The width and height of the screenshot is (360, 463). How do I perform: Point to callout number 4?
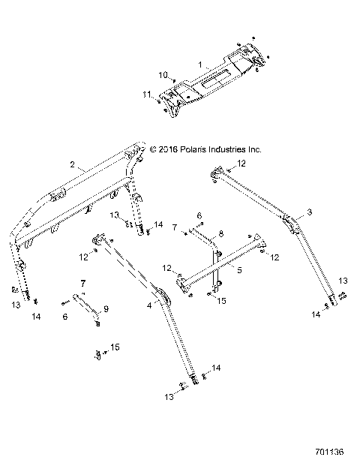pos(148,306)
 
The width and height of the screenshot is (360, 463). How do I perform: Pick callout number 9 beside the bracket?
pos(106,309)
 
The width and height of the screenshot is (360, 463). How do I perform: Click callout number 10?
pos(163,75)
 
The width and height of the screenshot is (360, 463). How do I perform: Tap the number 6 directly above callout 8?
pos(200,216)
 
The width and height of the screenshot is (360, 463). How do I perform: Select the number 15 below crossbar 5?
pos(221,300)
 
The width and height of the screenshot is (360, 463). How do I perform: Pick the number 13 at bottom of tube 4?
pos(169,395)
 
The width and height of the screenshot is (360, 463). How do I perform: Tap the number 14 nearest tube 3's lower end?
pos(316,316)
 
